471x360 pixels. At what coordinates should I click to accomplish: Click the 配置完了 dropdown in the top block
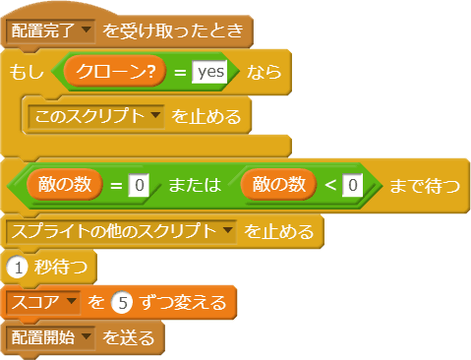coord(51,30)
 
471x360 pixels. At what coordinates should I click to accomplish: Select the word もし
coord(25,72)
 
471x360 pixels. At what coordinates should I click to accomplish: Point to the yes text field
coord(209,72)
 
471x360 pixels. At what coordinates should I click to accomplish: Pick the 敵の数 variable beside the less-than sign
coord(280,183)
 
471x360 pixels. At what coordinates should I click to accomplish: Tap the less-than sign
coord(328,183)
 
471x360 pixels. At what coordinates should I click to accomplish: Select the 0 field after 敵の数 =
coord(140,183)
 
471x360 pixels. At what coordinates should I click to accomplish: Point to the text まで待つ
coord(425,183)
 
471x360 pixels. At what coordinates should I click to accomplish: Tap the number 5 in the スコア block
coord(117,302)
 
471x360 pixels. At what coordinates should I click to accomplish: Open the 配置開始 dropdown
coord(51,337)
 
